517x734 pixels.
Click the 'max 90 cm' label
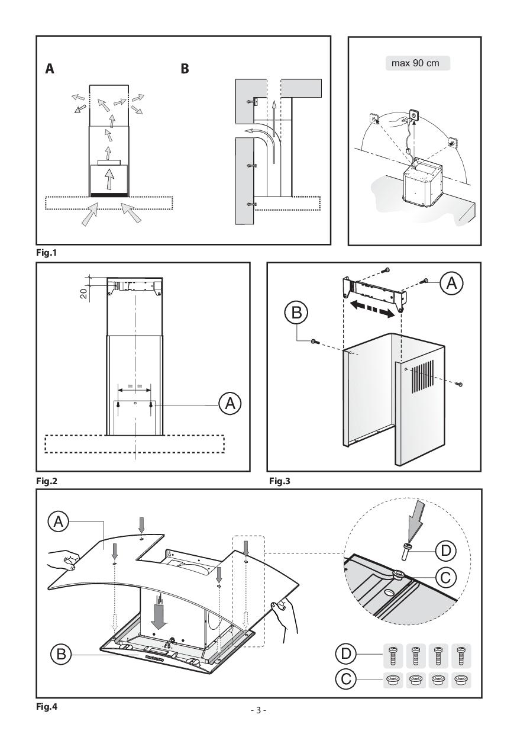(x=415, y=63)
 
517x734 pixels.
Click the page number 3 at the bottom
(x=258, y=710)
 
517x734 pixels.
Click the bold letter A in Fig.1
(x=50, y=69)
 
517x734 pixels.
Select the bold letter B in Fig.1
(x=185, y=69)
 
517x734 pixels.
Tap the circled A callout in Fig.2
(x=230, y=404)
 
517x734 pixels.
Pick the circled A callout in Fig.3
(x=451, y=284)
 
